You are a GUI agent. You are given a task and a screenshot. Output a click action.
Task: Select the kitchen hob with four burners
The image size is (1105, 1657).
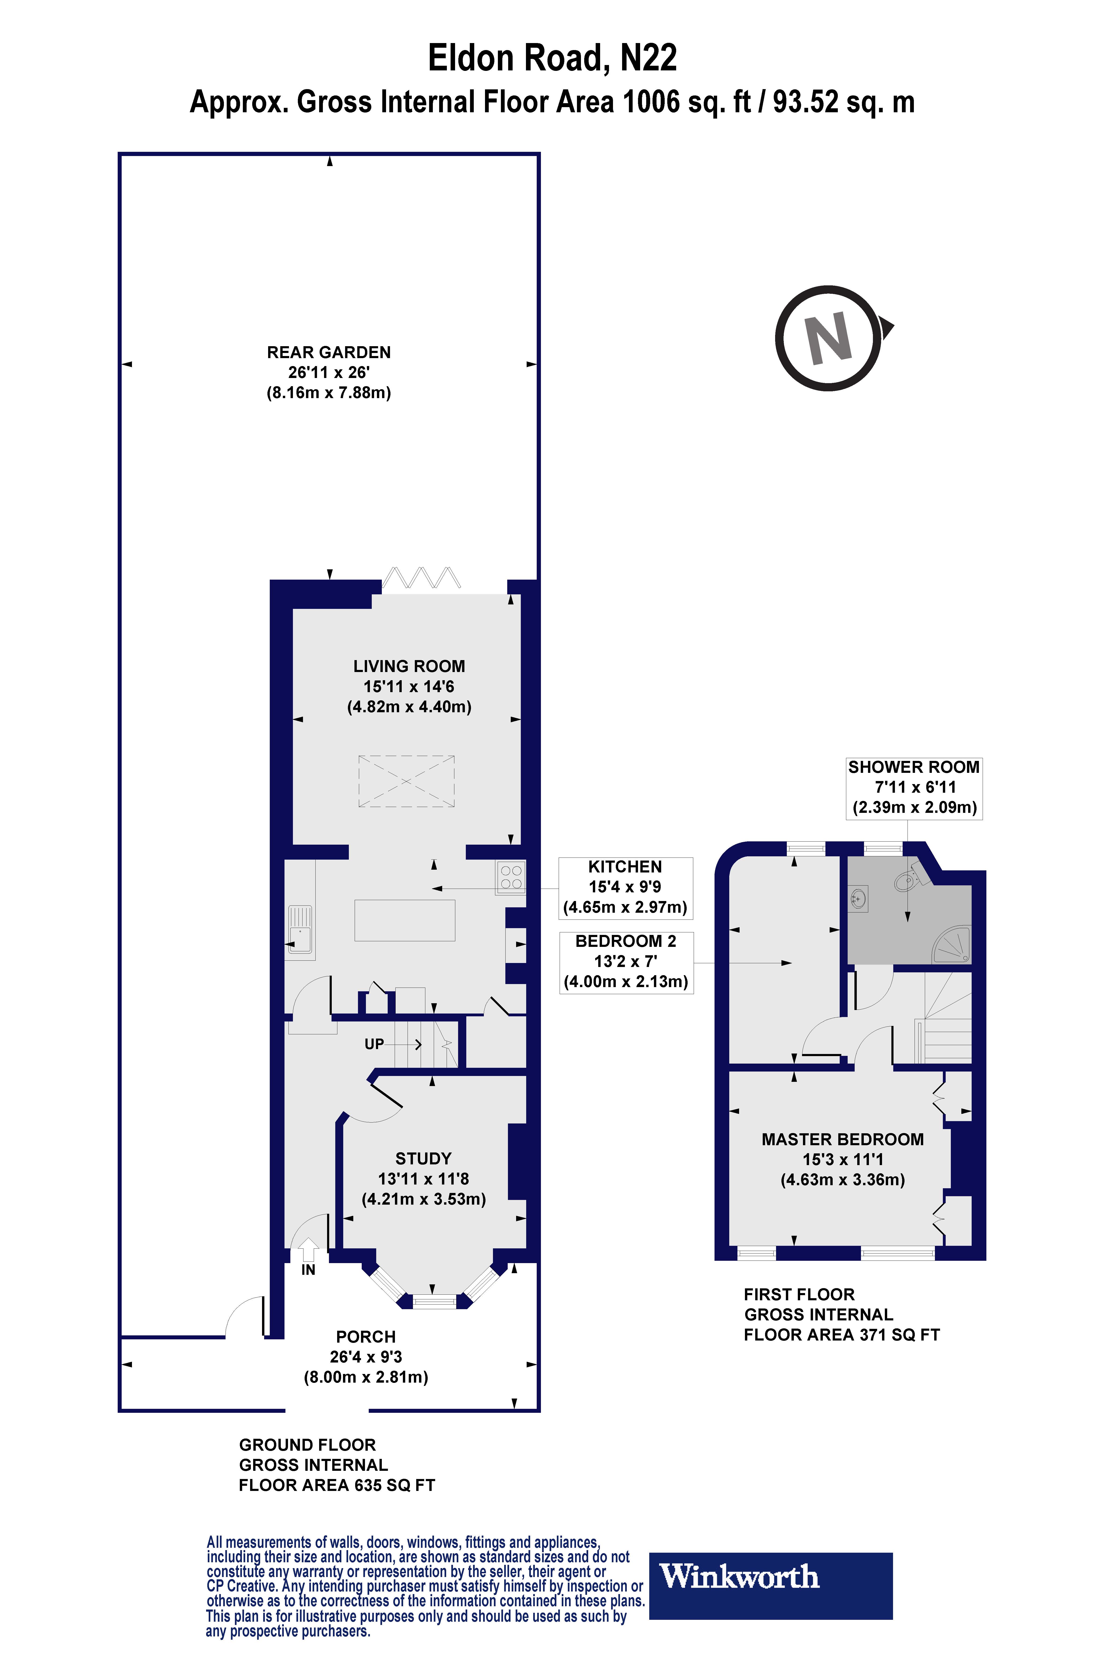[x=511, y=877]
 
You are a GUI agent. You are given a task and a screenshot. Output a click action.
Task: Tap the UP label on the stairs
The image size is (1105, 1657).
[x=374, y=1043]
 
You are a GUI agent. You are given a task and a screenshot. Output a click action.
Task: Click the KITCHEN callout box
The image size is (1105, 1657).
[x=625, y=888]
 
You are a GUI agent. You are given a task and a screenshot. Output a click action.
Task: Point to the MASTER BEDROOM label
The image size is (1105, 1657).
[x=842, y=1139]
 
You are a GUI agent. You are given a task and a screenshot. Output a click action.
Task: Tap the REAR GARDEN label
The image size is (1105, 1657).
[x=328, y=352]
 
